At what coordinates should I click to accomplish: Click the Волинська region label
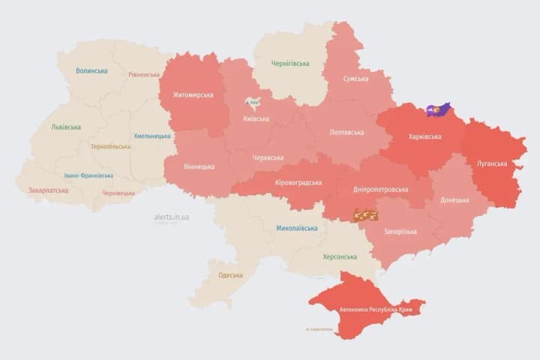tap(91, 71)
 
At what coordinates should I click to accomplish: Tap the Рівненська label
tap(144, 74)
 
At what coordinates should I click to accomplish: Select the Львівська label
tap(66, 127)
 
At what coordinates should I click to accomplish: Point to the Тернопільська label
tap(110, 146)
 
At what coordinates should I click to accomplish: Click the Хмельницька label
tap(151, 136)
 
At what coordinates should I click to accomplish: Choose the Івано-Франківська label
tap(88, 175)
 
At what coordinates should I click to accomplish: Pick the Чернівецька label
tap(118, 193)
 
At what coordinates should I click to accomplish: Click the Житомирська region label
tap(193, 94)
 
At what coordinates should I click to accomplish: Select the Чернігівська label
tap(289, 63)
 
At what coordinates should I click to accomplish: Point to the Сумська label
tap(355, 79)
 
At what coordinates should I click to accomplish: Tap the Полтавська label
tap(346, 132)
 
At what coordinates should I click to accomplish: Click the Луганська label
tap(491, 163)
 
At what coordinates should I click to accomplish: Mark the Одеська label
tap(230, 275)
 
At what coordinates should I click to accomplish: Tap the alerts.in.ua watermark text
tap(172, 217)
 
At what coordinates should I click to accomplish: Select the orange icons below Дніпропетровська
tap(365, 215)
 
